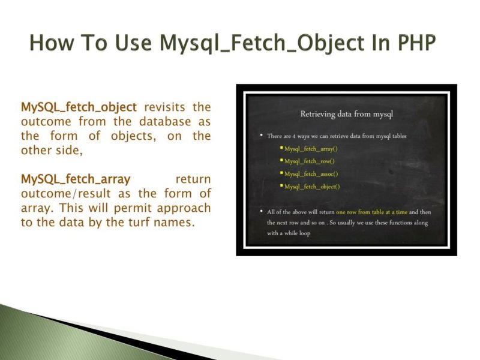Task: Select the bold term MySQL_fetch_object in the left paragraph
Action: [x=79, y=107]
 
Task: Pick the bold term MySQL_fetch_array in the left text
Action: [x=75, y=179]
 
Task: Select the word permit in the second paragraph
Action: [x=133, y=208]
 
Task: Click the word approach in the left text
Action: [x=184, y=208]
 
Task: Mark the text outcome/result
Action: [x=62, y=193]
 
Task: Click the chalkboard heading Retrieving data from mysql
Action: [x=346, y=113]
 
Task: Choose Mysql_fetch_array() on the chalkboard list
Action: [x=311, y=148]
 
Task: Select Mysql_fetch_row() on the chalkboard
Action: [x=309, y=161]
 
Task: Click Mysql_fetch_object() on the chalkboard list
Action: [x=311, y=187]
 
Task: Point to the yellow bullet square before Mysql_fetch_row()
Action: [x=281, y=161]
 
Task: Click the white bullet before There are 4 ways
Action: [x=261, y=136]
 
